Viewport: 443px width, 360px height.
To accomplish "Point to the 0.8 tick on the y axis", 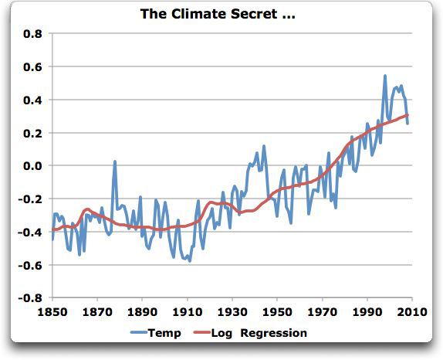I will (x=32, y=34).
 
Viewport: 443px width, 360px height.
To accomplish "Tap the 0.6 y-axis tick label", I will (x=32, y=67).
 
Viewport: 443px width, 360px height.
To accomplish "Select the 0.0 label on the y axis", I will (x=32, y=166).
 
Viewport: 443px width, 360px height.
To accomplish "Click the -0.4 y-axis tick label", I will (x=30, y=232).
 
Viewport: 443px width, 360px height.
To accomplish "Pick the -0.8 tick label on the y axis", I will (x=30, y=297).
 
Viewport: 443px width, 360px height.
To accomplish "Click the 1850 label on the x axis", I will (x=52, y=313).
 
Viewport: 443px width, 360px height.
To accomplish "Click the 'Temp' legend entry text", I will (x=167, y=333).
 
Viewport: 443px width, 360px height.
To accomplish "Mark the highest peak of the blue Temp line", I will (x=385, y=76).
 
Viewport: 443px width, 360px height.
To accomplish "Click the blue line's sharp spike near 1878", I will (x=115, y=161).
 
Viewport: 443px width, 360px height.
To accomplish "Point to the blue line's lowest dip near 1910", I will (x=189, y=261).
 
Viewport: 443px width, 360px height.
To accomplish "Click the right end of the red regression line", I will (x=408, y=115).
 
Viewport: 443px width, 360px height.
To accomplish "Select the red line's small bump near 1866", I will (x=87, y=209).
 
